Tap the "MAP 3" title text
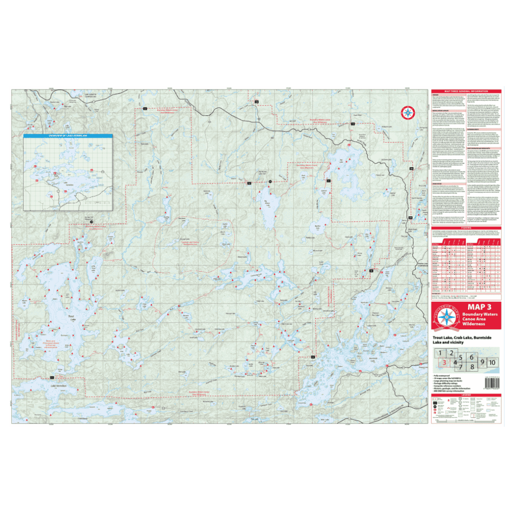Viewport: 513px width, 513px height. [x=479, y=307]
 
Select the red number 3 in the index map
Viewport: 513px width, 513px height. [x=445, y=363]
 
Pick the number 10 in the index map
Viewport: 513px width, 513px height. [x=492, y=363]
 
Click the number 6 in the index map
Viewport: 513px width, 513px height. [x=472, y=357]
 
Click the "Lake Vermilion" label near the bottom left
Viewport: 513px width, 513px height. [x=59, y=386]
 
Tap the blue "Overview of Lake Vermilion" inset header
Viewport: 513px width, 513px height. [x=68, y=136]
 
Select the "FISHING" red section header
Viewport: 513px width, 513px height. [x=466, y=228]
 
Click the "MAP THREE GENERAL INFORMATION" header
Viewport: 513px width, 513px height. [x=466, y=91]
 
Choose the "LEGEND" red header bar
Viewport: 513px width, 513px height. [x=466, y=395]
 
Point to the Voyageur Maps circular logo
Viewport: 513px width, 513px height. [x=446, y=317]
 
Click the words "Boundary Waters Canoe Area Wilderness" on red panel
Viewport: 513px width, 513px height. [x=479, y=319]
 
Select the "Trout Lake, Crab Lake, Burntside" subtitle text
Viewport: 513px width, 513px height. [x=462, y=338]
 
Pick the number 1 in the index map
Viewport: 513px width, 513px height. [x=440, y=354]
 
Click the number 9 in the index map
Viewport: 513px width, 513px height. [x=482, y=363]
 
